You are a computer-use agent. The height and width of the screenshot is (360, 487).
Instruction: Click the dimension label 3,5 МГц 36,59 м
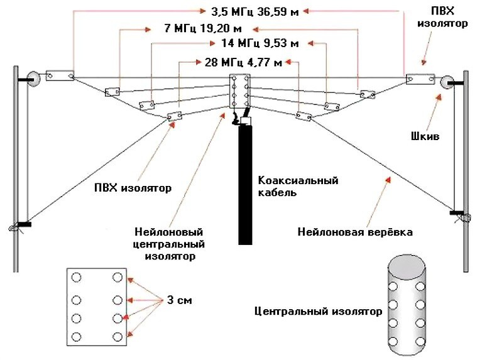coord(250,11)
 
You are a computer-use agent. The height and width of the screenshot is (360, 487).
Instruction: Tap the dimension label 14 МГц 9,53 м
coord(260,43)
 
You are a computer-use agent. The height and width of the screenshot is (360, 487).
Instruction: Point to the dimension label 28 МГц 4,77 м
coord(239,62)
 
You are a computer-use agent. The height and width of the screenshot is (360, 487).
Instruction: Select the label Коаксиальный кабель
coord(298,187)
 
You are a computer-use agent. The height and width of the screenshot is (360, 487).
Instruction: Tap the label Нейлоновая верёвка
coord(355,232)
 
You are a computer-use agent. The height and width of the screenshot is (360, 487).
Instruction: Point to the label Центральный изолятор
coord(317,311)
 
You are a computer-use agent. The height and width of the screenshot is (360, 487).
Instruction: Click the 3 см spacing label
coord(179,300)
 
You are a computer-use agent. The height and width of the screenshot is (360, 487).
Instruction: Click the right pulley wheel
coord(447,82)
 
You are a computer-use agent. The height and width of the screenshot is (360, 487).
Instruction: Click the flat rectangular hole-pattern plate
coord(96,307)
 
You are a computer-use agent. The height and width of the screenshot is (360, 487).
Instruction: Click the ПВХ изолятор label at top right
coord(448,18)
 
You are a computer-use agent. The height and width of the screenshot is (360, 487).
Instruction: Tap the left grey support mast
coord(17,170)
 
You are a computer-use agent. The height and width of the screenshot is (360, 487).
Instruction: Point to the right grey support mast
coord(466,170)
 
